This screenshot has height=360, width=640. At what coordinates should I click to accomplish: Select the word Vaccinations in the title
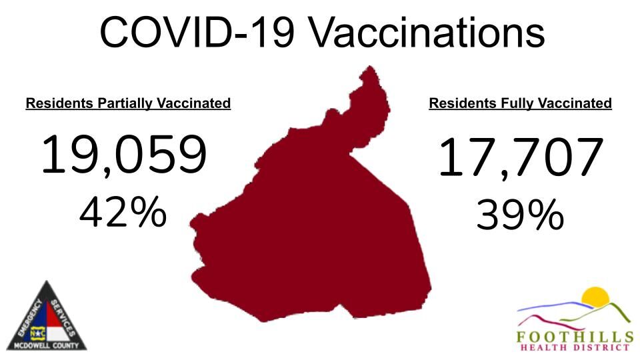[x=430, y=33]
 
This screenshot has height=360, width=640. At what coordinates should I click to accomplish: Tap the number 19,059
[x=124, y=155]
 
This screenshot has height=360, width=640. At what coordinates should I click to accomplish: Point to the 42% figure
[x=123, y=213]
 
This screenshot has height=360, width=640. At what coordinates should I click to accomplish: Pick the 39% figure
[x=520, y=216]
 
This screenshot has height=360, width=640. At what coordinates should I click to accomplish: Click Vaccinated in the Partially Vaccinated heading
[x=195, y=104]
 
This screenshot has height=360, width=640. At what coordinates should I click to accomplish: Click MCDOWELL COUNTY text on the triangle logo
[x=47, y=345]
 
